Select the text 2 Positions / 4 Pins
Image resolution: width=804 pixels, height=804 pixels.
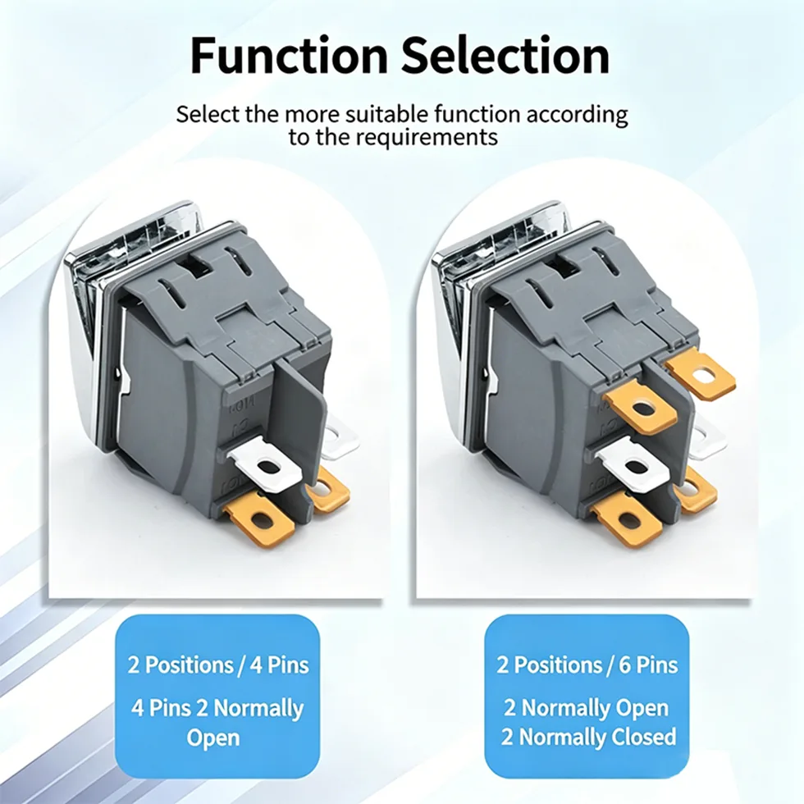click(218, 665)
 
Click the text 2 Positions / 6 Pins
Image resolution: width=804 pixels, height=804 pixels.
click(587, 665)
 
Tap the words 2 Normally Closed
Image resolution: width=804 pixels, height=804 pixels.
click(589, 737)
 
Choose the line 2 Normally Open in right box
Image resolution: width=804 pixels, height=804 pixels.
click(587, 708)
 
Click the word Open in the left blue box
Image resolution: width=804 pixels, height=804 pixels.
click(212, 738)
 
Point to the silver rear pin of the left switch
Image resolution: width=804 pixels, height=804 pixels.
click(341, 436)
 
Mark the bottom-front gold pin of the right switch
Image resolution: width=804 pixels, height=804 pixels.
click(628, 521)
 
